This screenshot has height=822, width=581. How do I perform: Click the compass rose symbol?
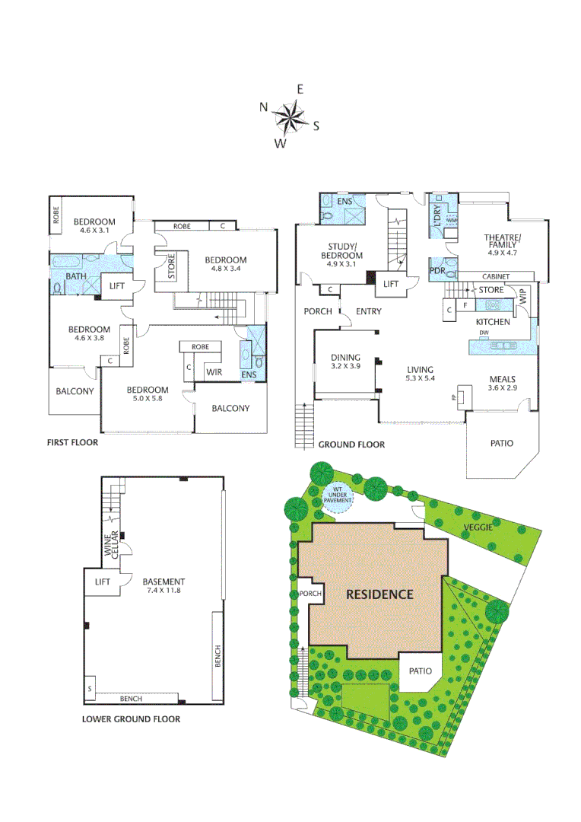point(289,116)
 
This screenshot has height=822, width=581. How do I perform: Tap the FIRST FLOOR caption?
point(72,441)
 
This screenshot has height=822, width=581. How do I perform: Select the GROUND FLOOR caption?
point(351,444)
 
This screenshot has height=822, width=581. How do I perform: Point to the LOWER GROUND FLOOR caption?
point(131,718)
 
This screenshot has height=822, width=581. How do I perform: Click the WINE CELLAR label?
point(109,547)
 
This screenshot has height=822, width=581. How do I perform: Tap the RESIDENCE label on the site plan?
point(380,594)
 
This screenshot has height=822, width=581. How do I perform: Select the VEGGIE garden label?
point(481,527)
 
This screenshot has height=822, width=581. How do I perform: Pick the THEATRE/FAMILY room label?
point(503,245)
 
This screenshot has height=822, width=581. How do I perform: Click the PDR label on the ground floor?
point(437,270)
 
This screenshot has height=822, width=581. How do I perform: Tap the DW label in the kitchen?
point(484,333)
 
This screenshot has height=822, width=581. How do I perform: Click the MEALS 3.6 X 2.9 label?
point(503,383)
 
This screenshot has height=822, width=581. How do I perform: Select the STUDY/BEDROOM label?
point(345,250)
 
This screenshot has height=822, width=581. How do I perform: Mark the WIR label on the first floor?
point(214,372)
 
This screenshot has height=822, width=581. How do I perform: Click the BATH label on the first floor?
point(75,276)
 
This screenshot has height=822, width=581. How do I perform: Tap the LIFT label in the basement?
point(103,581)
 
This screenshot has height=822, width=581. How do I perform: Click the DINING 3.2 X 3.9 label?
point(345,362)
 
